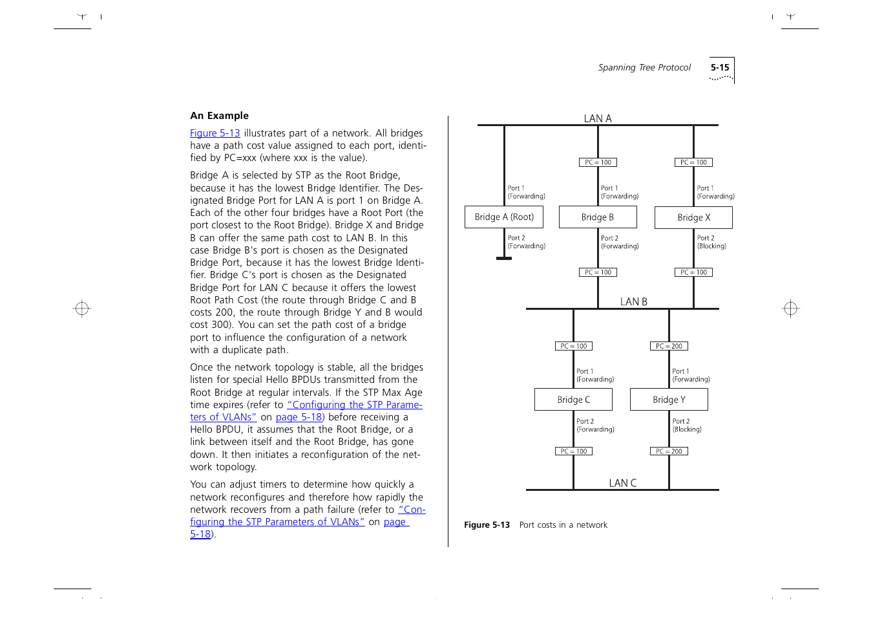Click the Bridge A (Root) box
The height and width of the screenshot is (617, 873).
pyautogui.click(x=504, y=217)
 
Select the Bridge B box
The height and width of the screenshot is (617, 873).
pyautogui.click(x=598, y=217)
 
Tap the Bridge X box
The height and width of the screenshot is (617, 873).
pyautogui.click(x=693, y=218)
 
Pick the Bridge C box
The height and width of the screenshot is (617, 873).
pyautogui.click(x=573, y=400)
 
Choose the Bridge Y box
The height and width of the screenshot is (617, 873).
pyautogui.click(x=669, y=400)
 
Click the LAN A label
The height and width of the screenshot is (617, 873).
pyautogui.click(x=598, y=118)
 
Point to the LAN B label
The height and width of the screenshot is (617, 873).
pyautogui.click(x=633, y=301)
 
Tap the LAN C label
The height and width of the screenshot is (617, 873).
pyautogui.click(x=623, y=483)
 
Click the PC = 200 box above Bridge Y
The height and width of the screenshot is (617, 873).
pyautogui.click(x=669, y=346)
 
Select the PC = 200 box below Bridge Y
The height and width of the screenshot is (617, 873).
pyautogui.click(x=669, y=451)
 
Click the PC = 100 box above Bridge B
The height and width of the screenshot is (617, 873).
pyautogui.click(x=598, y=162)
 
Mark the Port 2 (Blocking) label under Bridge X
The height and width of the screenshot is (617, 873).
pyautogui.click(x=711, y=242)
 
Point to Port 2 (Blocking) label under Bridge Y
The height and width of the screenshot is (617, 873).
pyautogui.click(x=687, y=425)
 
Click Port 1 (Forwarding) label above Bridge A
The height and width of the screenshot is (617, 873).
pyautogui.click(x=526, y=192)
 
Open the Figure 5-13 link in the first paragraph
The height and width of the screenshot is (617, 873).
pyautogui.click(x=215, y=133)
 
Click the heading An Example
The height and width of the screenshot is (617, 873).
pyautogui.click(x=219, y=116)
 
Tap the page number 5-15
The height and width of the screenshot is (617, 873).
pyautogui.click(x=720, y=67)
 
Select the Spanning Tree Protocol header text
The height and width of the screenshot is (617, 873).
pyautogui.click(x=644, y=67)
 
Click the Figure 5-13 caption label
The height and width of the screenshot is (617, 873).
pyautogui.click(x=487, y=525)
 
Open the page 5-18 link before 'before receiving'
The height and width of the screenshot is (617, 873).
pyautogui.click(x=299, y=417)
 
